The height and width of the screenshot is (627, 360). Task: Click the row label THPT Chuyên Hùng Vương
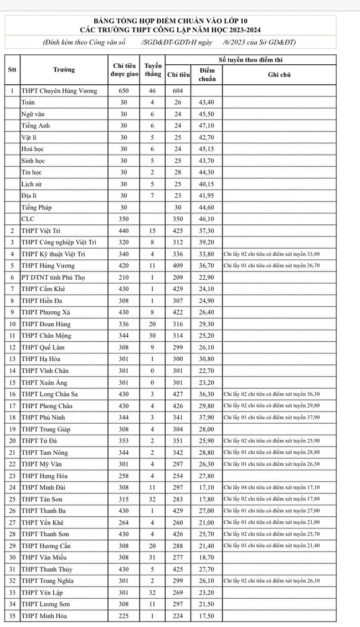pos(59,91)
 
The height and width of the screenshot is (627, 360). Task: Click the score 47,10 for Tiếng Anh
pos(207,126)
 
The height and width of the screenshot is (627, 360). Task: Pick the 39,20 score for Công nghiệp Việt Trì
pos(207,242)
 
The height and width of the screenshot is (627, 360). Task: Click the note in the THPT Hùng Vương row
pos(271,265)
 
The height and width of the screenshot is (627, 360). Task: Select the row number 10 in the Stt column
pos(12,324)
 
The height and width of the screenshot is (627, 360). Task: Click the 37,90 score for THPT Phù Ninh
pos(207,417)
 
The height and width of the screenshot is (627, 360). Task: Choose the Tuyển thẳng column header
pos(153,70)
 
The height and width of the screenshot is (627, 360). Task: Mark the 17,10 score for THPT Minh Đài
pos(207,487)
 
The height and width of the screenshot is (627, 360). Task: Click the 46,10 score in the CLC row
pos(207,219)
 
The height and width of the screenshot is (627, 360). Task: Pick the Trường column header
pos(64,70)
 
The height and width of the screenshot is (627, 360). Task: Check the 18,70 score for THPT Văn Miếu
pos(207,557)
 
